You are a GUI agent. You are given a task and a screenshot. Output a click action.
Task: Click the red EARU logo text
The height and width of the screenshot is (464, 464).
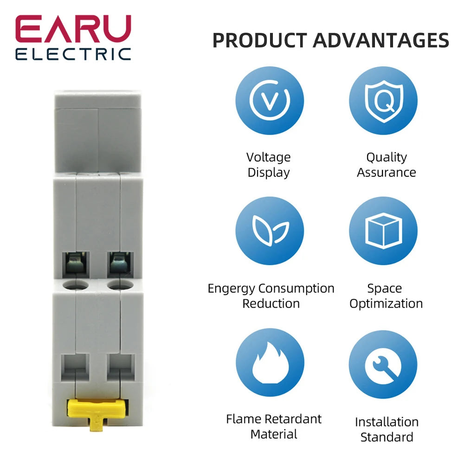tap(73, 30)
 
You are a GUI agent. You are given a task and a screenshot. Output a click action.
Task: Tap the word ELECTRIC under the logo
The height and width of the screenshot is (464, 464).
tap(73, 54)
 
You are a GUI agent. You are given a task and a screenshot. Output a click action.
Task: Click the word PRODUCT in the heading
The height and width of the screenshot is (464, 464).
tap(259, 40)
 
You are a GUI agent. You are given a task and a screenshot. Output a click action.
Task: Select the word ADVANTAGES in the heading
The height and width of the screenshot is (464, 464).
tap(381, 40)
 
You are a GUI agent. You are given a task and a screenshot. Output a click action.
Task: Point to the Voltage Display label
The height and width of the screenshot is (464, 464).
tap(269, 165)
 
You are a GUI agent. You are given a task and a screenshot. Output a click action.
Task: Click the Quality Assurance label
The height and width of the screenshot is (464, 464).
tap(386, 165)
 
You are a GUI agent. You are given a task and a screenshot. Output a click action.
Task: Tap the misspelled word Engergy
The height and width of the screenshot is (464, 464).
tap(231, 288)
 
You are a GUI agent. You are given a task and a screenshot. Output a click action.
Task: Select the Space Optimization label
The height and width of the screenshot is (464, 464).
tap(386, 296)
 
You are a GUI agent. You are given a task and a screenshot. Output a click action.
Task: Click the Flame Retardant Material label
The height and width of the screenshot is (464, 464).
tap(274, 426)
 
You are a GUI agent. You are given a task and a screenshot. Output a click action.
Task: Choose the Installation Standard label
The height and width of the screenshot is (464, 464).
tap(387, 429)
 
